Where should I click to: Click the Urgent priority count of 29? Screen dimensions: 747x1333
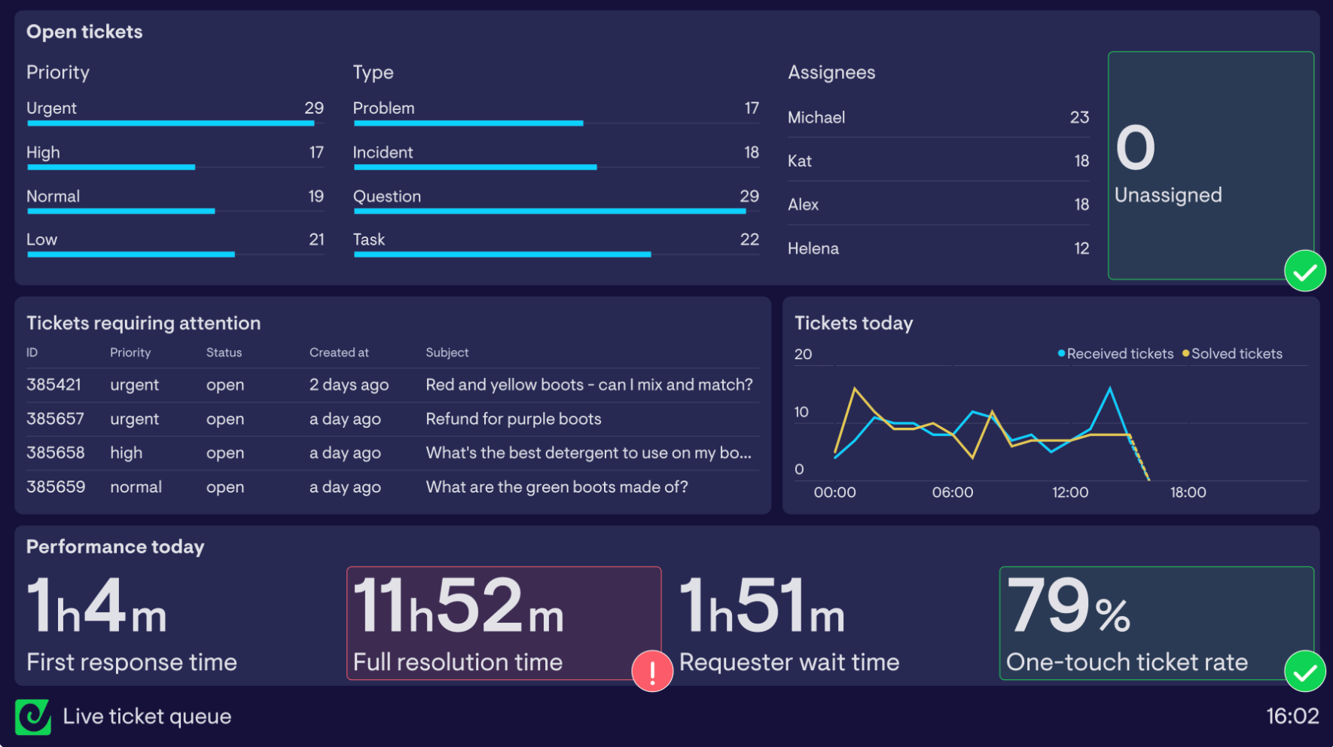pos(313,108)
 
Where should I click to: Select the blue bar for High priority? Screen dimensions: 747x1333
pos(111,167)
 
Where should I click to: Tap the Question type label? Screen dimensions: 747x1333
pos(387,197)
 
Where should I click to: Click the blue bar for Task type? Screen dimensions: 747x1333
pos(502,255)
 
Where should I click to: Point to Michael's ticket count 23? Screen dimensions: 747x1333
pos(1078,117)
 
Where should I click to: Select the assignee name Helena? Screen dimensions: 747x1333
pos(813,248)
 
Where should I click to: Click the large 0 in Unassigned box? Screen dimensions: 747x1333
pos(1135,148)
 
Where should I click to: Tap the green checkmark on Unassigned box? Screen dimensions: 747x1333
pos(1304,271)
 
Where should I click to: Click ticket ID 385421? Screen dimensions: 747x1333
pos(53,385)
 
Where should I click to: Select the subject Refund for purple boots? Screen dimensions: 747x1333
pos(513,419)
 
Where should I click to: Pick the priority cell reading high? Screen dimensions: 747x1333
pos(126,453)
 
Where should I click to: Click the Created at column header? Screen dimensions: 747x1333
pos(339,352)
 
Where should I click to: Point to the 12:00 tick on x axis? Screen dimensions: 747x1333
pos(1069,492)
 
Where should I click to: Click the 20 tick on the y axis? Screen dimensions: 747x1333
pos(803,355)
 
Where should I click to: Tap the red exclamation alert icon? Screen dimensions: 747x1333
pos(651,671)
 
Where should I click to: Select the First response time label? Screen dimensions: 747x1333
pos(132,662)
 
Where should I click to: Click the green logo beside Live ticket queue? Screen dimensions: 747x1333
pos(33,717)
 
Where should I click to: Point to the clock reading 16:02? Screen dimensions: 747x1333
pos(1292,716)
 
